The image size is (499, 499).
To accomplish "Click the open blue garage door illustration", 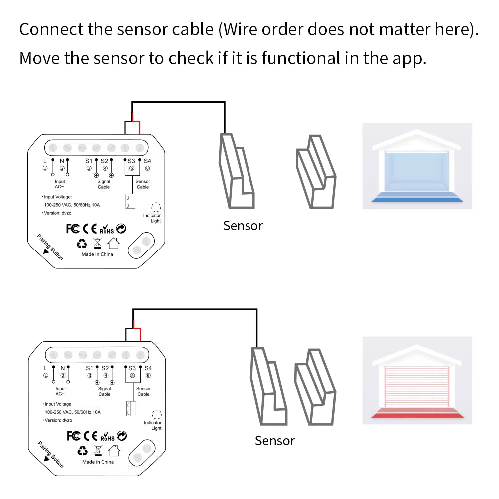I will tap(417, 166).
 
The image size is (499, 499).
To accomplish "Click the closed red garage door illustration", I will tap(417, 381).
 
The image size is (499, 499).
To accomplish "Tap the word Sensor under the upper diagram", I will tap(243, 226).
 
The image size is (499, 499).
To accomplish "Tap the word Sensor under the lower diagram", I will tap(274, 441).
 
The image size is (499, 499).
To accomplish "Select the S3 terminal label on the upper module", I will tap(131, 161).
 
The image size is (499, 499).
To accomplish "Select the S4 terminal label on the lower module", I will tap(148, 368).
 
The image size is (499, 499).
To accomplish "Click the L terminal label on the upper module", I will tap(45, 161).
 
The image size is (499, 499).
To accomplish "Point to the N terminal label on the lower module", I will tap(63, 368).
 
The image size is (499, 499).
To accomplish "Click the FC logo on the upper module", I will tap(73, 229).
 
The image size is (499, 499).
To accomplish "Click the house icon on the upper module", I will tap(114, 243).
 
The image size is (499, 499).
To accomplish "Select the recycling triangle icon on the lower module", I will tap(83, 451).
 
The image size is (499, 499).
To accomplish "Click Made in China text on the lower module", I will tap(98, 462).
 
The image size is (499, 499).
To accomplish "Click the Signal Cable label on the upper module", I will tap(104, 184).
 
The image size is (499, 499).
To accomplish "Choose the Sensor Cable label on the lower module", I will tap(143, 391).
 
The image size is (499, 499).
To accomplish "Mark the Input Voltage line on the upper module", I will tap(58, 197).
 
